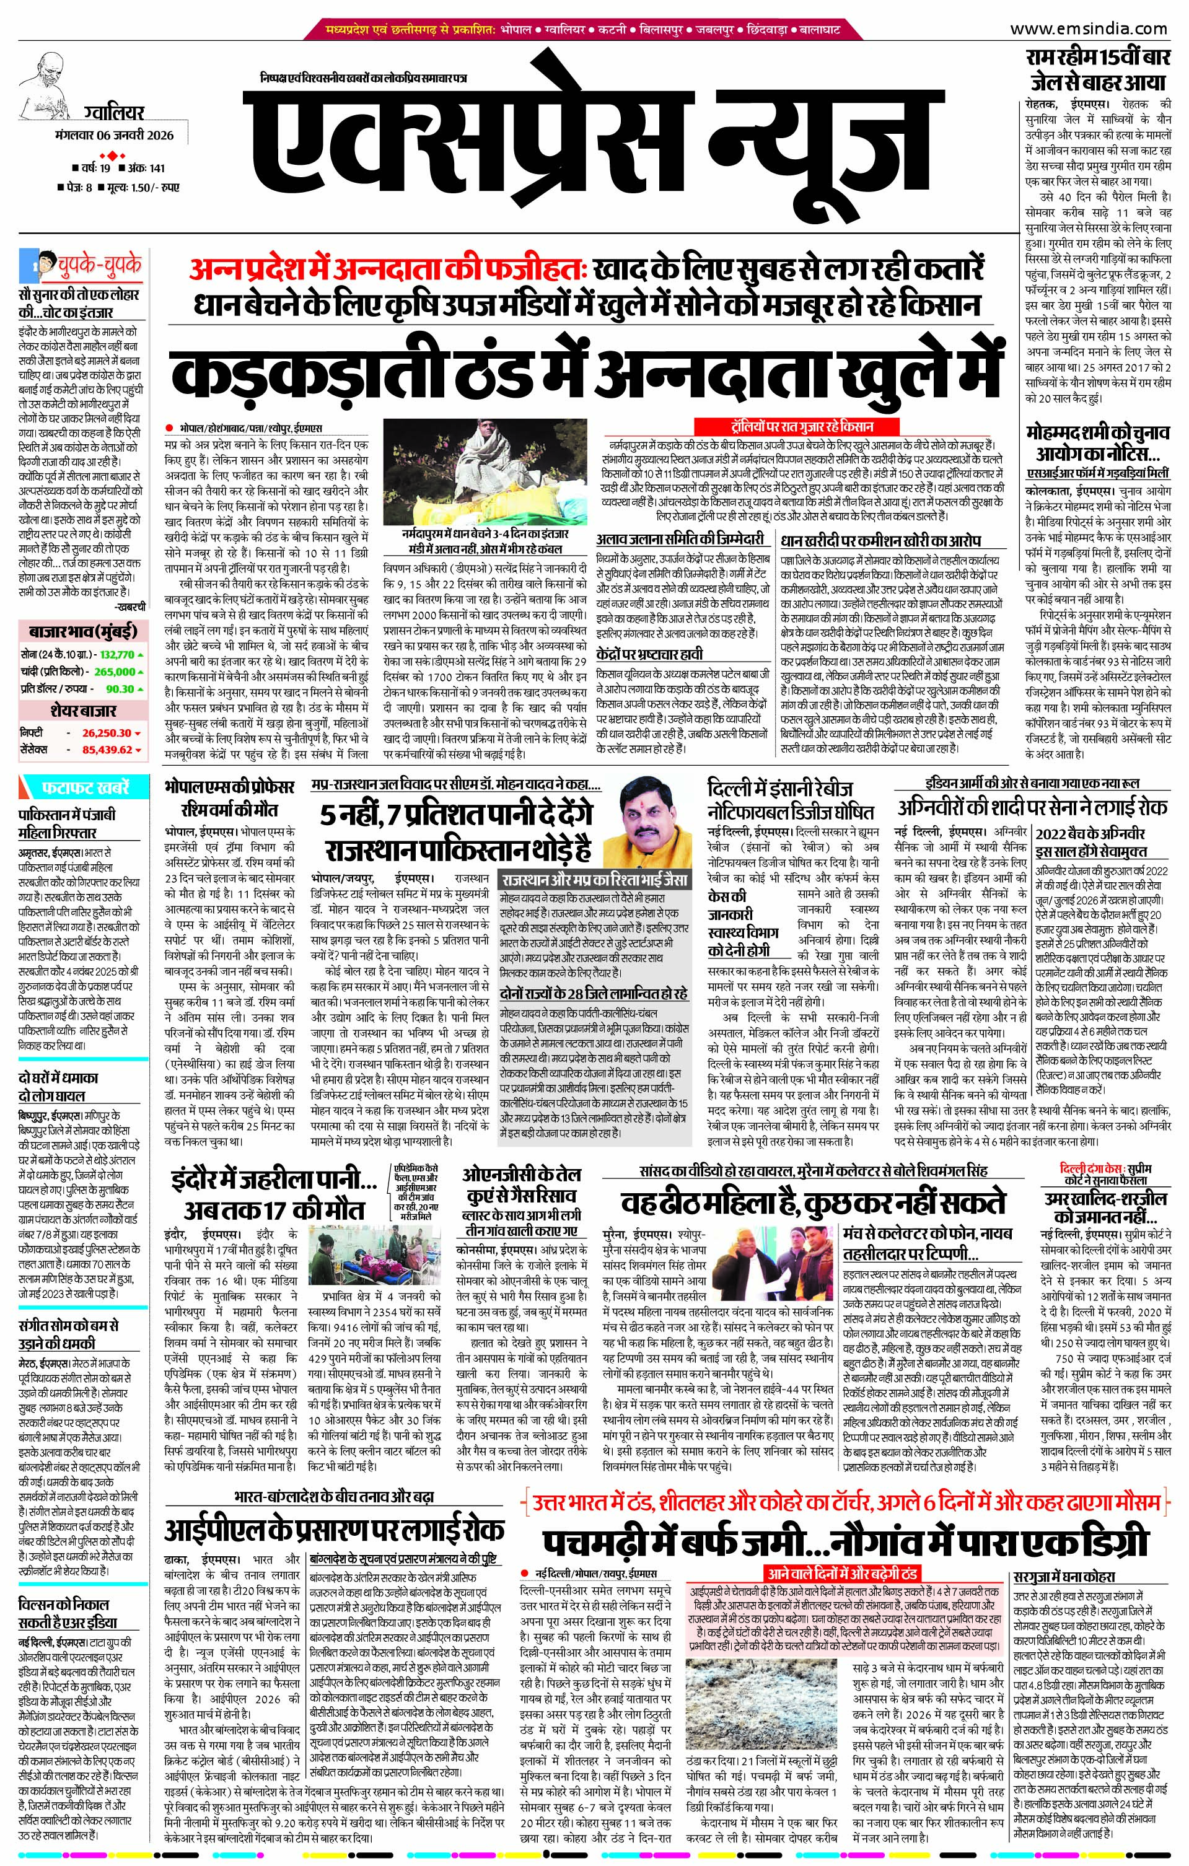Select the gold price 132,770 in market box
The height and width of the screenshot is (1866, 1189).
pyautogui.click(x=115, y=655)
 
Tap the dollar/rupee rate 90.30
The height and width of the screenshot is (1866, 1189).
pyautogui.click(x=120, y=689)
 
